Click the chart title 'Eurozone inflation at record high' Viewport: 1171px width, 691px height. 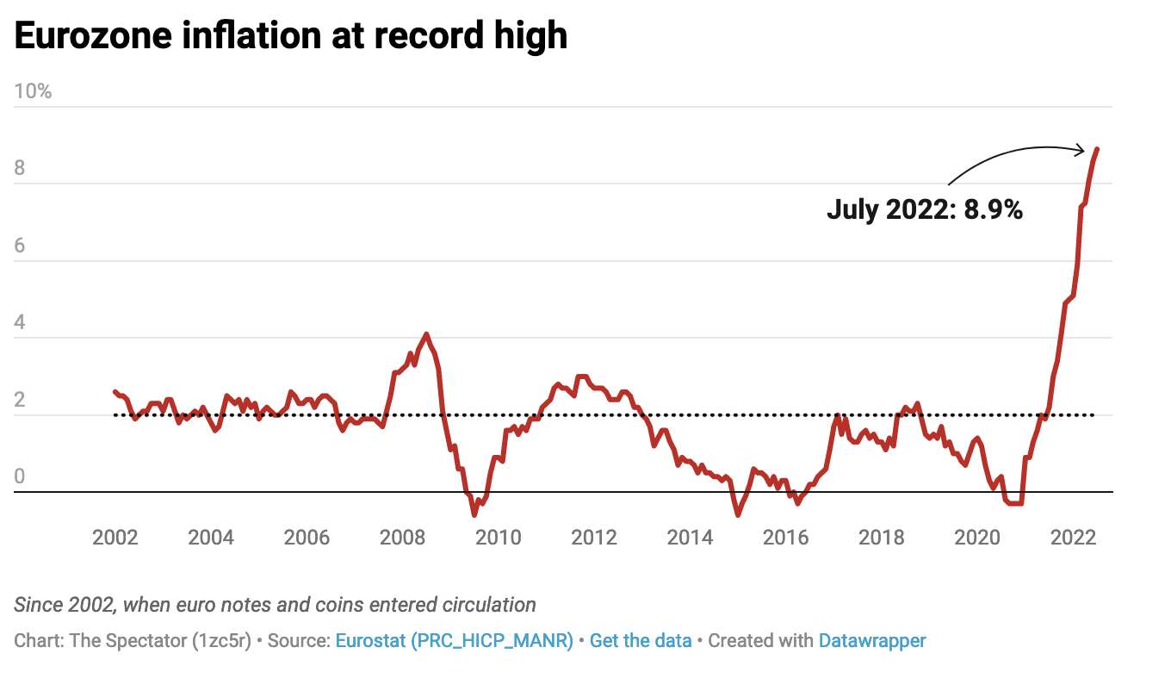coord(290,36)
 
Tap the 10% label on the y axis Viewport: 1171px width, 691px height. coord(33,90)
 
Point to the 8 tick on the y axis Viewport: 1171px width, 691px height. coord(19,168)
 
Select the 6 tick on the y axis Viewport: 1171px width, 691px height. coord(19,246)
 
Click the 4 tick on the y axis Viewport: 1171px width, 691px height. coord(19,323)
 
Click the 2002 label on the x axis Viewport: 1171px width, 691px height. coord(115,538)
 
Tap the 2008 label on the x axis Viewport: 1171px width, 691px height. coord(402,538)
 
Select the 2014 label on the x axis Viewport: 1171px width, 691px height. coord(690,538)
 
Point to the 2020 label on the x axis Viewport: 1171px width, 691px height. coord(977,538)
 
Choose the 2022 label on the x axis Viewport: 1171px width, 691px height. coord(1073,538)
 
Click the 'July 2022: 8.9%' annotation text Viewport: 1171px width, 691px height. coord(925,209)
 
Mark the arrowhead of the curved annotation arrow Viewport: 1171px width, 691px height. coord(1081,151)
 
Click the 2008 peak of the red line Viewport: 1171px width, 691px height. coord(426,334)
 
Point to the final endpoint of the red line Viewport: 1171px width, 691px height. coord(1097,149)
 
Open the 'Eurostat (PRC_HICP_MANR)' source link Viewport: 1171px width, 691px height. coord(454,641)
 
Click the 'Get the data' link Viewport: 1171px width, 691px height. coord(641,641)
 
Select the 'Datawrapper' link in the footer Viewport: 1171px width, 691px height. coord(872,641)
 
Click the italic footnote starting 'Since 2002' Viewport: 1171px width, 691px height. coord(275,604)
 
